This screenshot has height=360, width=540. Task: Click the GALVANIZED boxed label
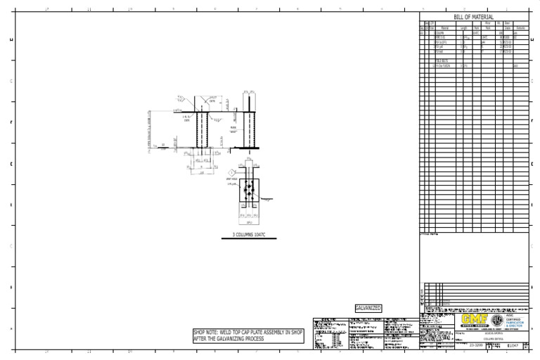(x=368, y=308)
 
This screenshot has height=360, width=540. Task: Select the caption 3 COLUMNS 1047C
(x=249, y=234)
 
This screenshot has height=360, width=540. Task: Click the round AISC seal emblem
(x=497, y=321)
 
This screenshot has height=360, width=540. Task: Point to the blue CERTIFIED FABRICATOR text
(x=516, y=321)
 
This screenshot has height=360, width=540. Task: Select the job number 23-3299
(x=476, y=346)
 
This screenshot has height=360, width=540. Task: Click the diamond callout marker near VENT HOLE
(x=230, y=172)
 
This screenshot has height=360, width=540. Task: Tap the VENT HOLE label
(x=231, y=179)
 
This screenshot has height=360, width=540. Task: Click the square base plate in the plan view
(x=249, y=191)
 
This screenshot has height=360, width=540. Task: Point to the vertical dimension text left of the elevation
(x=150, y=130)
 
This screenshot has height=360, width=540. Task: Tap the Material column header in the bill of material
(x=444, y=28)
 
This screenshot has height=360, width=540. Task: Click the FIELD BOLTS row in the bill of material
(x=443, y=60)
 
